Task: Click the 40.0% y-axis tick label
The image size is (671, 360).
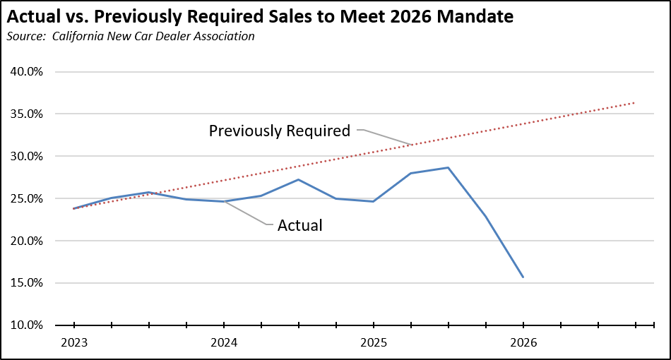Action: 27,72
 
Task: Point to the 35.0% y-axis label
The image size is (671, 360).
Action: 27,114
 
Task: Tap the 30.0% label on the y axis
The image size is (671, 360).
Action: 27,157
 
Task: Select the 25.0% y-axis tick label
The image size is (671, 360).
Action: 27,199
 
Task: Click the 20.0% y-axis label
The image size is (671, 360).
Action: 27,241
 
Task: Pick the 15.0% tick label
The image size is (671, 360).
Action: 27,283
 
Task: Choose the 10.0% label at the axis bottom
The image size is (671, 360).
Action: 27,325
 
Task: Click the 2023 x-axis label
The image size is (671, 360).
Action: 74,343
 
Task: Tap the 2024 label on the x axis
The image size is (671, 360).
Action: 224,343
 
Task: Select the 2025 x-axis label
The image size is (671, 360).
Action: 374,343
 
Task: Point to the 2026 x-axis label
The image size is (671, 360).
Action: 523,343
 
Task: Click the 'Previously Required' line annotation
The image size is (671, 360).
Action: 280,131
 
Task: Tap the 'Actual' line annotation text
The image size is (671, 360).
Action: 300,225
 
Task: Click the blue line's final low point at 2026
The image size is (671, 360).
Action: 523,277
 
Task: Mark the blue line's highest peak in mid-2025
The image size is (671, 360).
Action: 448,167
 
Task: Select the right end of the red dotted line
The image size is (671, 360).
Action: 634,102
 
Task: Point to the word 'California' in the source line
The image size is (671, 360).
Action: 78,36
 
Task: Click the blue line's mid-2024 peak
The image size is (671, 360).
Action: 298,179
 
